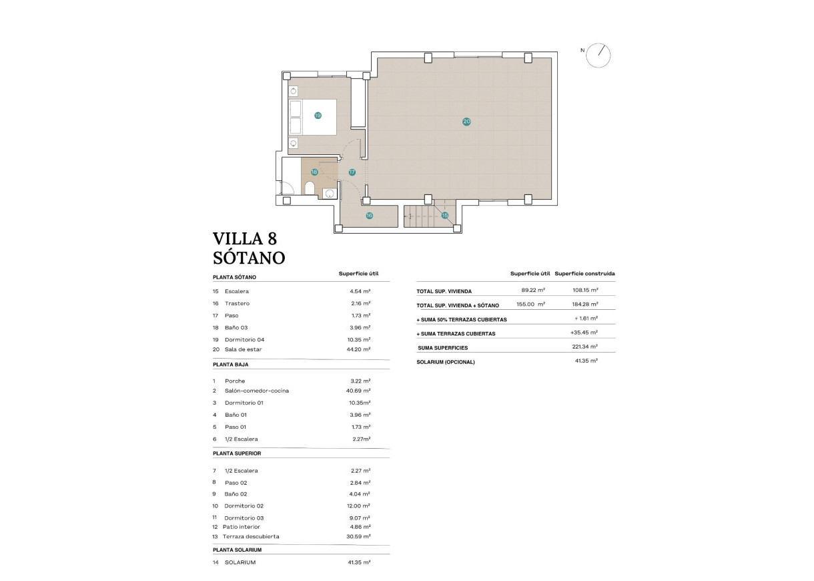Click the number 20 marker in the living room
tap(466, 121)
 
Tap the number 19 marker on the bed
tap(318, 116)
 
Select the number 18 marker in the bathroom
tap(314, 172)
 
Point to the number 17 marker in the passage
tap(352, 172)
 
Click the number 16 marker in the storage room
tap(369, 215)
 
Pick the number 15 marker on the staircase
tap(444, 215)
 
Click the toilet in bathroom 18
tap(310, 188)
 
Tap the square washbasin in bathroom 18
tap(329, 193)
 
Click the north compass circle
tap(598, 55)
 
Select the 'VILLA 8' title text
tap(244, 238)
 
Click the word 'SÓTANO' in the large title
tap(249, 257)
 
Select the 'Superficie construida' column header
tap(584, 274)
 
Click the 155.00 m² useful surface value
tap(532, 305)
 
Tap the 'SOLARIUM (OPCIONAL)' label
tap(446, 362)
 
